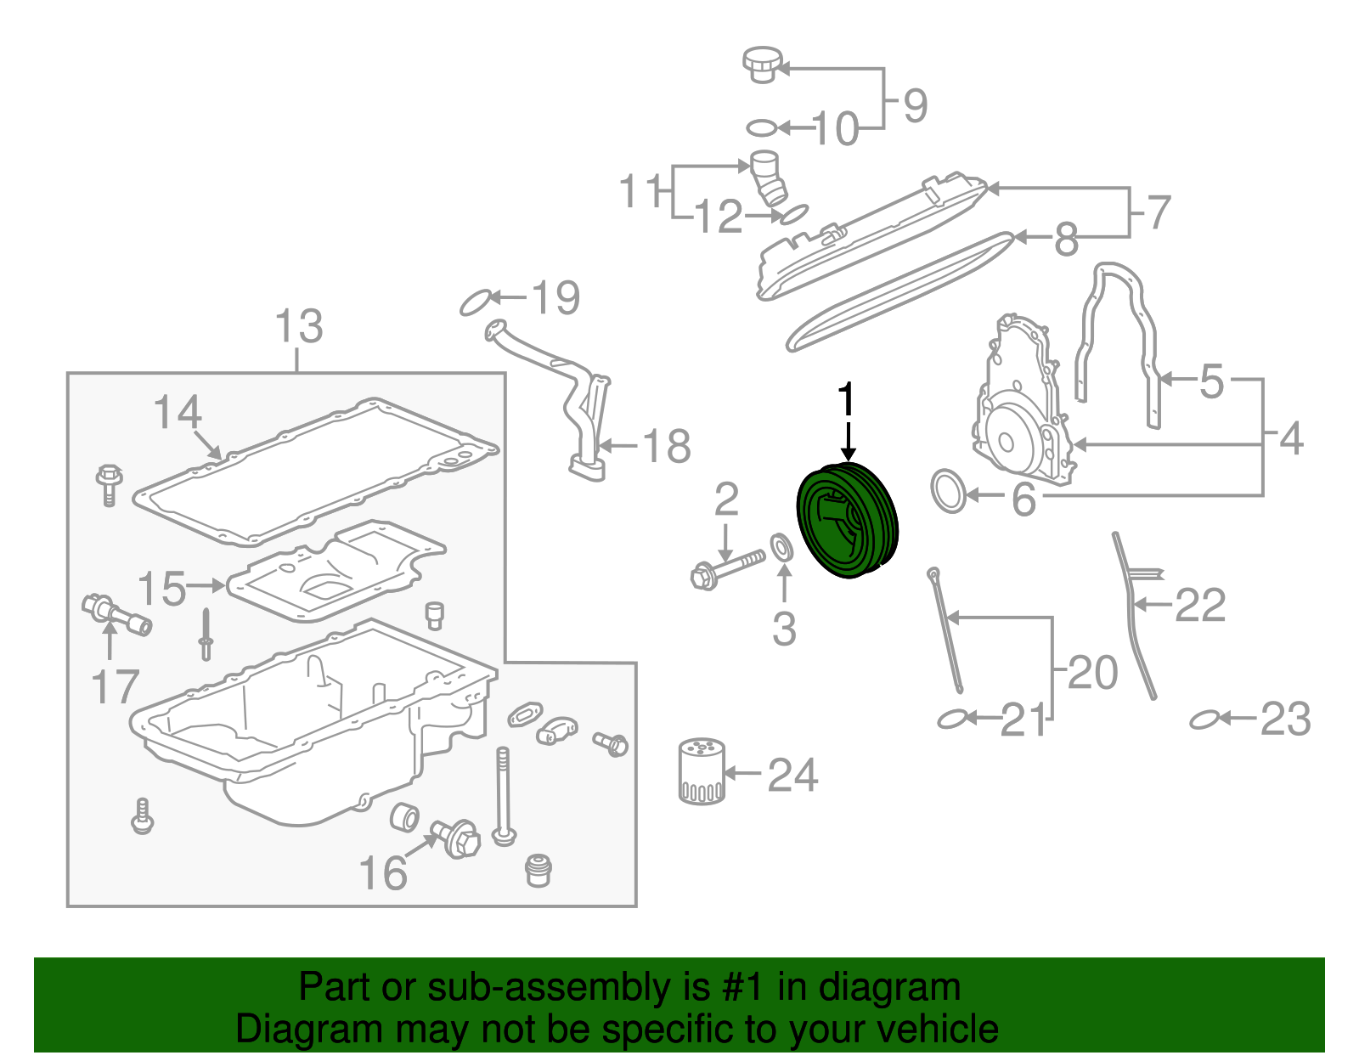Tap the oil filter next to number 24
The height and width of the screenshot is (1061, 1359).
(701, 770)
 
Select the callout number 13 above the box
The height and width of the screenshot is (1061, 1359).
(299, 326)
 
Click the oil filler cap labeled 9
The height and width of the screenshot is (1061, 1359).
(761, 65)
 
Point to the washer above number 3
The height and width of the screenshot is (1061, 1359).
(782, 547)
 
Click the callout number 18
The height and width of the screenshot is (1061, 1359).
(667, 446)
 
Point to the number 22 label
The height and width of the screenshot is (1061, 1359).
(1199, 606)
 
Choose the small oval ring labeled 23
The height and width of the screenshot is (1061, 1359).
(1204, 720)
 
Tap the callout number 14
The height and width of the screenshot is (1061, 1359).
(178, 413)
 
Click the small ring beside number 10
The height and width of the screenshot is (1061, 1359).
(762, 128)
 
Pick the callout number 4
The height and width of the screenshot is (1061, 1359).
(1291, 439)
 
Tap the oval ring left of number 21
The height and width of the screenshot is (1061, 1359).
(951, 720)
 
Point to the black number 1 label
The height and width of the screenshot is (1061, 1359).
(846, 401)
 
